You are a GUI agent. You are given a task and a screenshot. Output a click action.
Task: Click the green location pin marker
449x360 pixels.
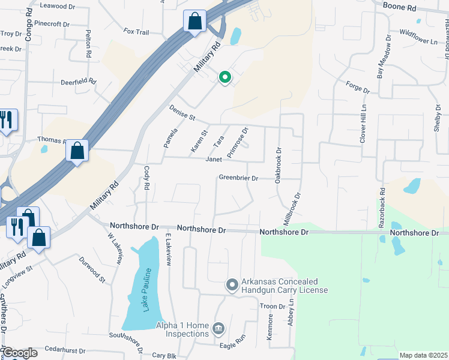click(x=225, y=77)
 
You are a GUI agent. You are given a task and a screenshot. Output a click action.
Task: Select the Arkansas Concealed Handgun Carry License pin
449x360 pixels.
click(x=232, y=286)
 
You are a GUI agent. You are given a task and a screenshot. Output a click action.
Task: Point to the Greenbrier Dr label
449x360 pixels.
click(x=238, y=178)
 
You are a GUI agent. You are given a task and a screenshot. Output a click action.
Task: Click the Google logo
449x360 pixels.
click(x=19, y=353)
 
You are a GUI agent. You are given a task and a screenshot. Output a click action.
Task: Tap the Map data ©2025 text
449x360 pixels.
click(x=423, y=355)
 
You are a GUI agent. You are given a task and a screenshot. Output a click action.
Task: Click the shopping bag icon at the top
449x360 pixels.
click(x=195, y=22)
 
